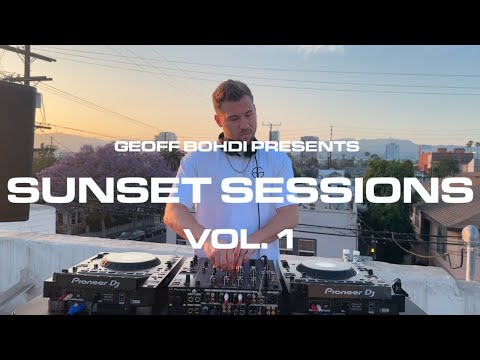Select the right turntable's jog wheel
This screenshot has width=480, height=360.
(x=326, y=268)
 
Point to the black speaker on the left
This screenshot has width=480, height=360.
(x=14, y=150)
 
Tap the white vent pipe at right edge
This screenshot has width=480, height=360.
(x=470, y=250)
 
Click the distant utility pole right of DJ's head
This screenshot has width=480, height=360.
(x=272, y=132)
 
